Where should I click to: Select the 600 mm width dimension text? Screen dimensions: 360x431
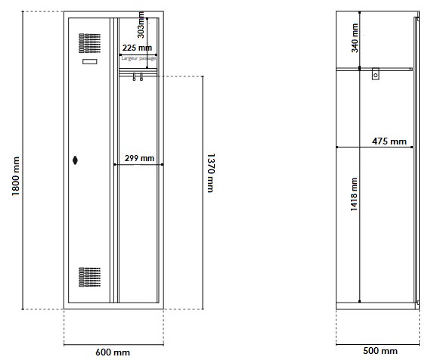pos(112,352)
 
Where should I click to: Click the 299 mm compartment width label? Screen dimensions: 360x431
pos(139,159)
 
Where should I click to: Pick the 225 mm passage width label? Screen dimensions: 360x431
pos(137,48)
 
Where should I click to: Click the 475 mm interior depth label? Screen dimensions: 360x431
pos(389,141)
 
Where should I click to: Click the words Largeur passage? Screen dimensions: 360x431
pos(138,57)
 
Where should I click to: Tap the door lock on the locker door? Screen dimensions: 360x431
pos(76,160)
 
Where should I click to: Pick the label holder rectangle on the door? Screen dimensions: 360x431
pos(89,61)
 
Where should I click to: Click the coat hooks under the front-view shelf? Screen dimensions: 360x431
pos(137,76)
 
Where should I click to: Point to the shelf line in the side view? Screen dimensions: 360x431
pos(393,68)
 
